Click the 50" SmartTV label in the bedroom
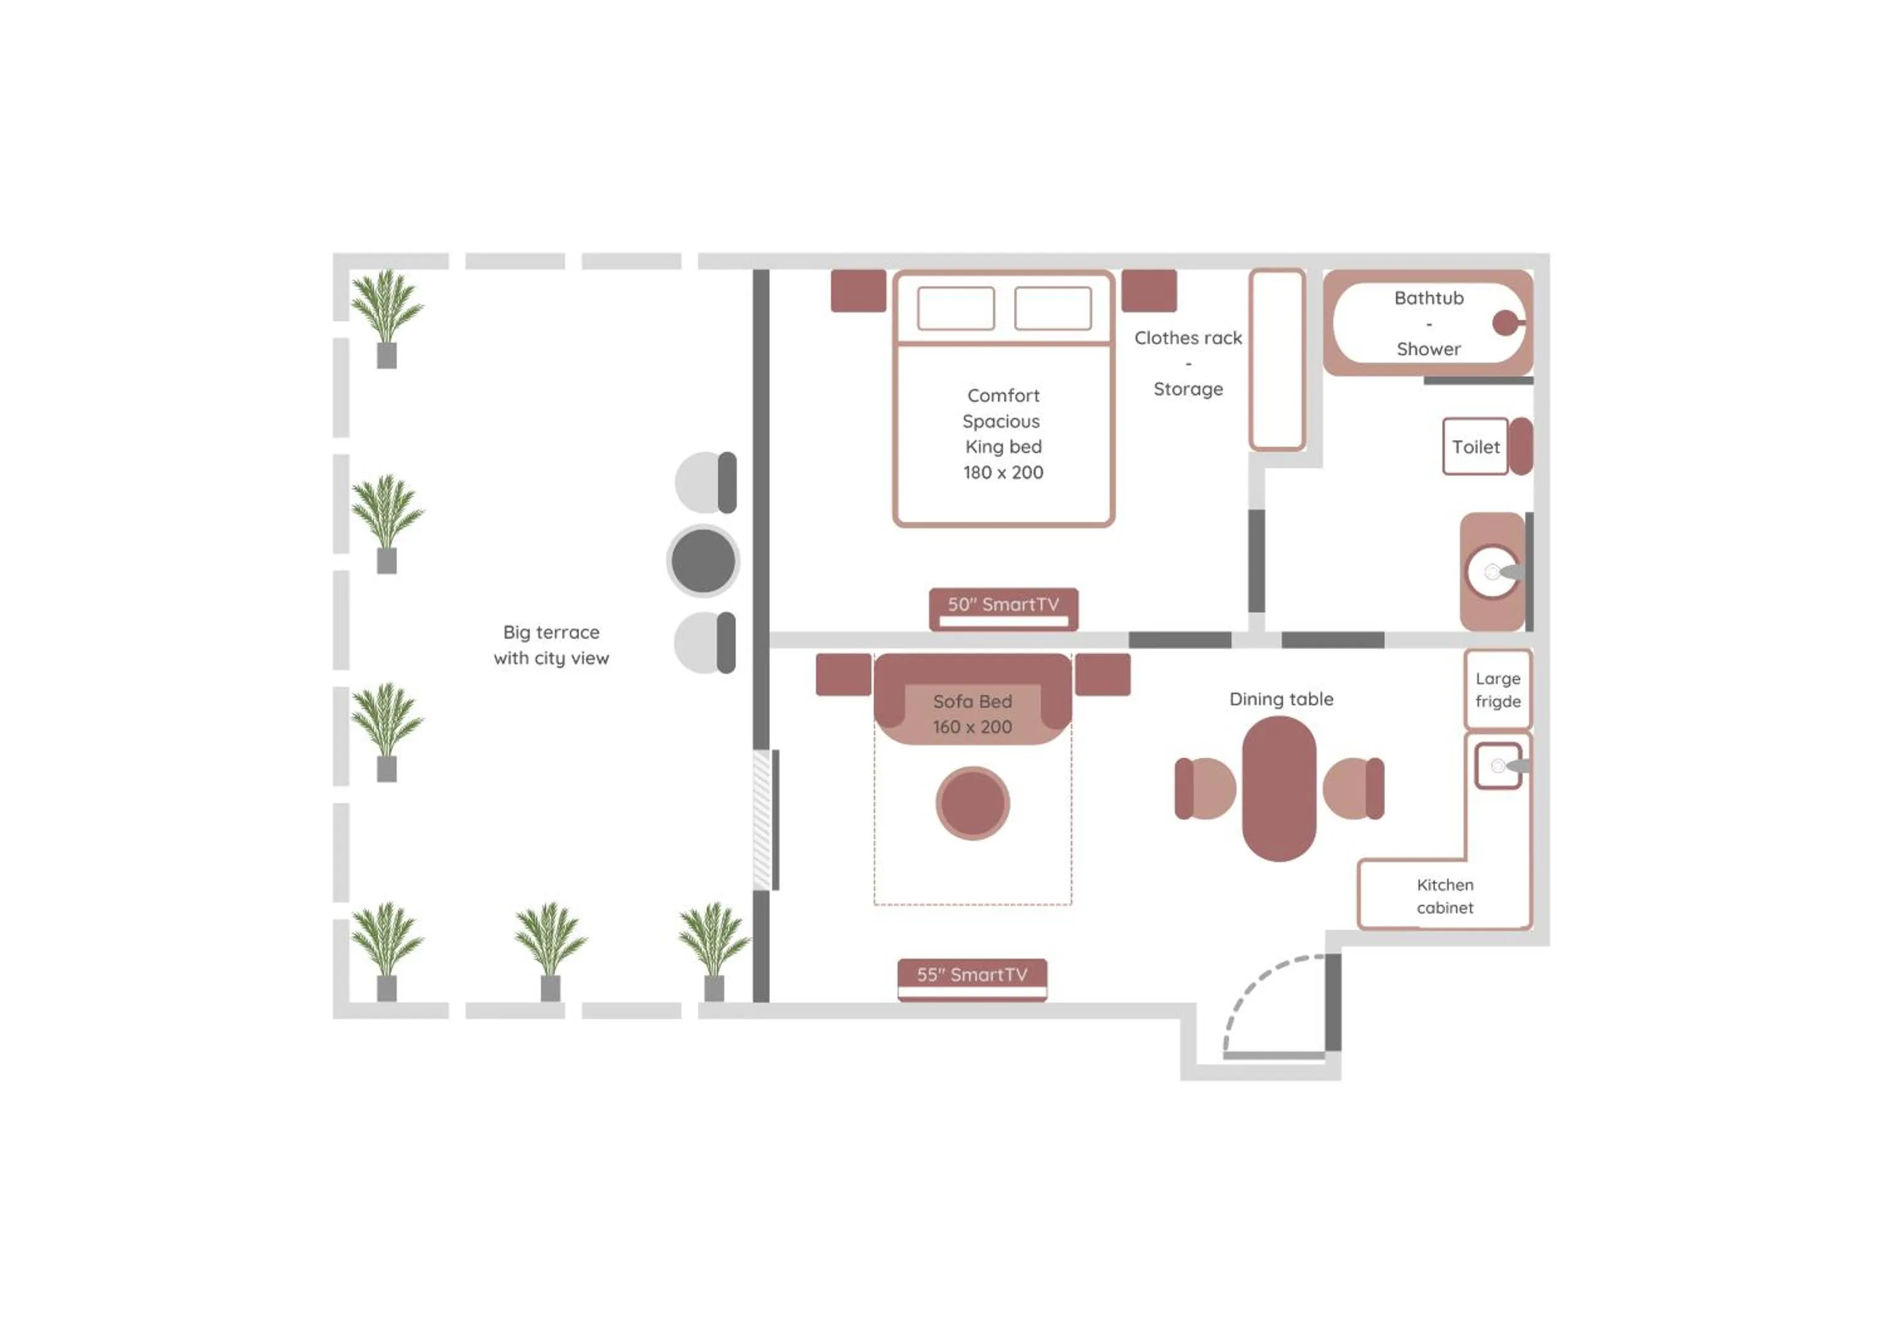coord(1003,606)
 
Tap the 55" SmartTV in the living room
coord(972,976)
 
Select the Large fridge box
coord(1498,690)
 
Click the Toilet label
coord(1476,447)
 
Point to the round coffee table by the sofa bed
coord(973,803)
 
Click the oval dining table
coord(1279,789)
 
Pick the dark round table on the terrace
coord(703,561)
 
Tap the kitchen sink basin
coord(1498,766)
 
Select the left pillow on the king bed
coord(955,309)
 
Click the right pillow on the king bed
coord(1053,309)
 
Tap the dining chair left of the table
coord(1205,789)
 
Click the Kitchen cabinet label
coord(1445,896)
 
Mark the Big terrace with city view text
coord(551,645)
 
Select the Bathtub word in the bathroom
coord(1429,298)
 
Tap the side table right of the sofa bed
coord(1103,675)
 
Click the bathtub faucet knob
coord(1505,323)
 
